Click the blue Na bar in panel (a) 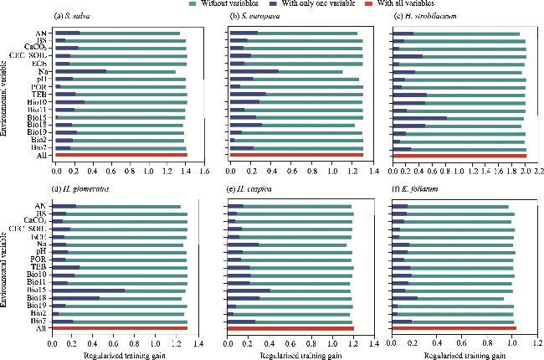80,71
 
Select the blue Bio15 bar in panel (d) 89,291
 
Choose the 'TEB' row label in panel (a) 39,94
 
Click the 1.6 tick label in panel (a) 202,170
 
